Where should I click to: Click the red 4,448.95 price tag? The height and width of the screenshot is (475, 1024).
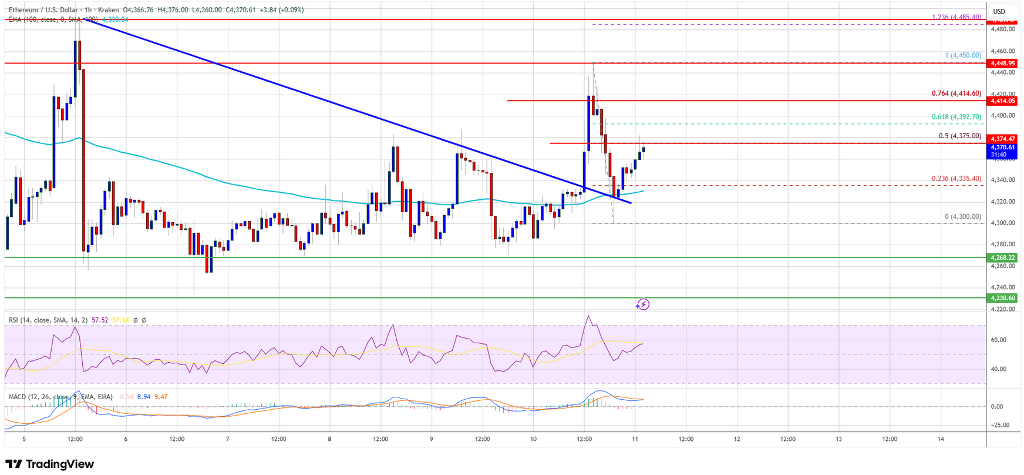(1003, 63)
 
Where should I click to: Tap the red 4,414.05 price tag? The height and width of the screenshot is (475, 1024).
(1003, 101)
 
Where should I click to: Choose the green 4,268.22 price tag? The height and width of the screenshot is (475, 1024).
(1003, 257)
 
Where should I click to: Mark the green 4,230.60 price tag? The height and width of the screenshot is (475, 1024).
(1003, 298)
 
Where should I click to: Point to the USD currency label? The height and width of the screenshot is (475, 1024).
(999, 11)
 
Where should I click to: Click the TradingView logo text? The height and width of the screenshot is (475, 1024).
(50, 464)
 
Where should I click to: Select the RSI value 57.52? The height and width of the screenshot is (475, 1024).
(100, 320)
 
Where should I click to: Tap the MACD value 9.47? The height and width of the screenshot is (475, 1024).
(160, 397)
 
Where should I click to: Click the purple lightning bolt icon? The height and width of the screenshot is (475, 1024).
(643, 305)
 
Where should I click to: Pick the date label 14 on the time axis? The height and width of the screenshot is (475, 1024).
(941, 439)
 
